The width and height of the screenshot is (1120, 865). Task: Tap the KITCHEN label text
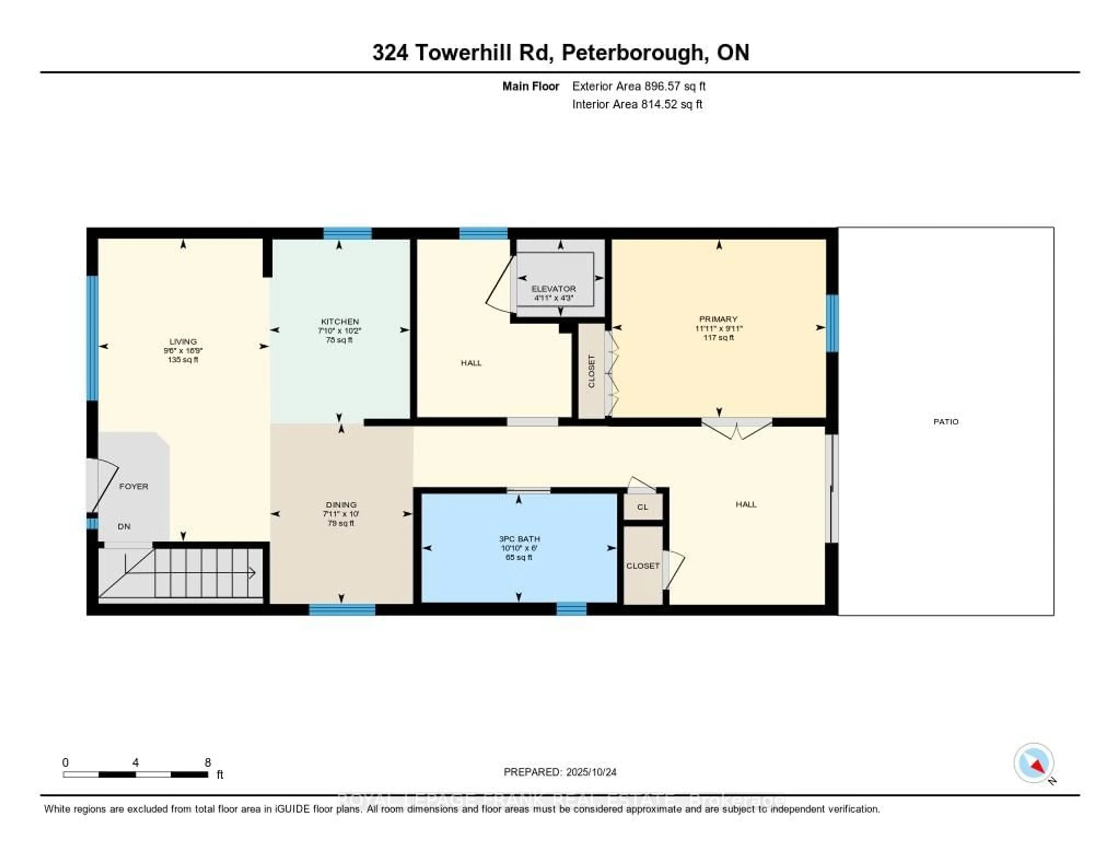tap(339, 321)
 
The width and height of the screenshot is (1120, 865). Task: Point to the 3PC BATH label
tap(519, 539)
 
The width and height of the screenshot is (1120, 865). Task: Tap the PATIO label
tap(946, 421)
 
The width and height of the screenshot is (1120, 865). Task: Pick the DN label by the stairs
tap(124, 526)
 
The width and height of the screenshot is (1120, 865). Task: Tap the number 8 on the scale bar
tap(208, 762)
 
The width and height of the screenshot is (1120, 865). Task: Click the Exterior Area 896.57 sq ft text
tap(638, 86)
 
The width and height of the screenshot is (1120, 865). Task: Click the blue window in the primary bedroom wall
tap(832, 323)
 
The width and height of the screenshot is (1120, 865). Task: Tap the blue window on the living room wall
tap(92, 338)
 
